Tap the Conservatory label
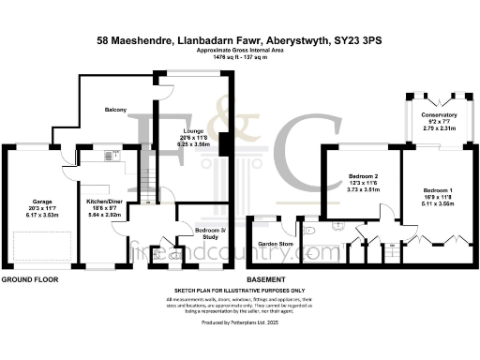[439, 115]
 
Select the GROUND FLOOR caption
[29, 279]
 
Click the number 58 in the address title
[104, 41]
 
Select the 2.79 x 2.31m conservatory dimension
[439, 127]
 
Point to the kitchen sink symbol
[112, 155]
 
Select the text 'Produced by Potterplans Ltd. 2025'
[240, 322]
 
